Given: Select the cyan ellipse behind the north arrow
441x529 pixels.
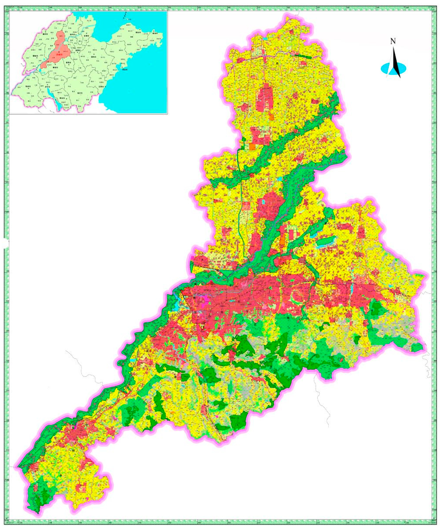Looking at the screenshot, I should click(x=385, y=68).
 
